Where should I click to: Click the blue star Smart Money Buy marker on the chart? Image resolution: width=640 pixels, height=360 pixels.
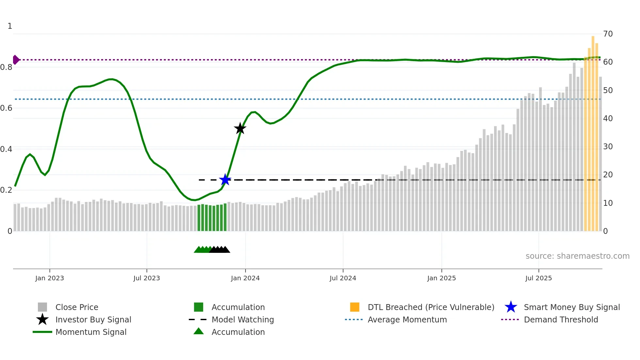click(225, 180)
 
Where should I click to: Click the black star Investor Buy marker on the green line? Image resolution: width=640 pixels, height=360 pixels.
click(240, 128)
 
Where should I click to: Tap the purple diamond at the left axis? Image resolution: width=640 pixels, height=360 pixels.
click(16, 60)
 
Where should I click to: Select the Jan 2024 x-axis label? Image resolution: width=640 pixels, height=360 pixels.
click(245, 278)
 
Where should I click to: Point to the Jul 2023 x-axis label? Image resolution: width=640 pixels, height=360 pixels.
click(147, 278)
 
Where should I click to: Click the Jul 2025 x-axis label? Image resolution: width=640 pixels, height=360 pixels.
click(538, 278)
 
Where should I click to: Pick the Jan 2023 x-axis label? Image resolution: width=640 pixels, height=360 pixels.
click(50, 278)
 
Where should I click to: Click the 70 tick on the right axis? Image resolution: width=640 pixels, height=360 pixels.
click(608, 34)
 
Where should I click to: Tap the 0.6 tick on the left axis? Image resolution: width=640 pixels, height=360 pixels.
click(6, 108)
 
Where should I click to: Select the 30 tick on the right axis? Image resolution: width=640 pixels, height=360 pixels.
click(608, 147)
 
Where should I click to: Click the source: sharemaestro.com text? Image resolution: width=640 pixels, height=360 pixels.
click(577, 256)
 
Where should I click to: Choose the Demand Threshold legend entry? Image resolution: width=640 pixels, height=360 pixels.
click(561, 320)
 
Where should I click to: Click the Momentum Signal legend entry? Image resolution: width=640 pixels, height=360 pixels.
click(91, 332)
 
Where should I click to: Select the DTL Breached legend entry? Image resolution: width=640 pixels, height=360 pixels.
click(431, 307)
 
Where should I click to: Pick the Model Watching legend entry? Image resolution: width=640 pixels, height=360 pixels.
click(243, 320)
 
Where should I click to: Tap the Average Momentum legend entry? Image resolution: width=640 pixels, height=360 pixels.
click(407, 320)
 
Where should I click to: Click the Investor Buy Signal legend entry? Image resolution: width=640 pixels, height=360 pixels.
click(93, 320)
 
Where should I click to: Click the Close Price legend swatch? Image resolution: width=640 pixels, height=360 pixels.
click(42, 307)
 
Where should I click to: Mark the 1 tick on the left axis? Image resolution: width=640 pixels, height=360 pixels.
click(10, 26)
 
